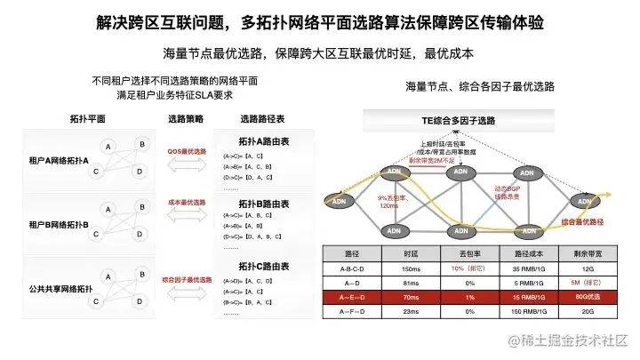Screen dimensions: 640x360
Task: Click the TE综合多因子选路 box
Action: tap(459, 120)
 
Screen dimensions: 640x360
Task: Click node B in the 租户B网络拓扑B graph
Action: tap(141, 209)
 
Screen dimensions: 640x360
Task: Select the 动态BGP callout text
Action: tap(509, 191)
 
